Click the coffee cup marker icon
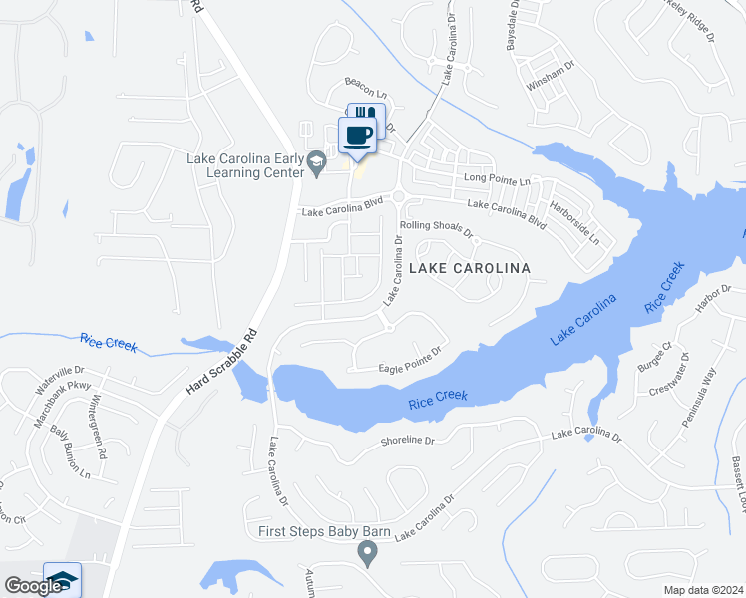358,135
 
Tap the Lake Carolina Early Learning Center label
244,165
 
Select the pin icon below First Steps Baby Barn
368,552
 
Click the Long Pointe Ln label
497,179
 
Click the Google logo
32,586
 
